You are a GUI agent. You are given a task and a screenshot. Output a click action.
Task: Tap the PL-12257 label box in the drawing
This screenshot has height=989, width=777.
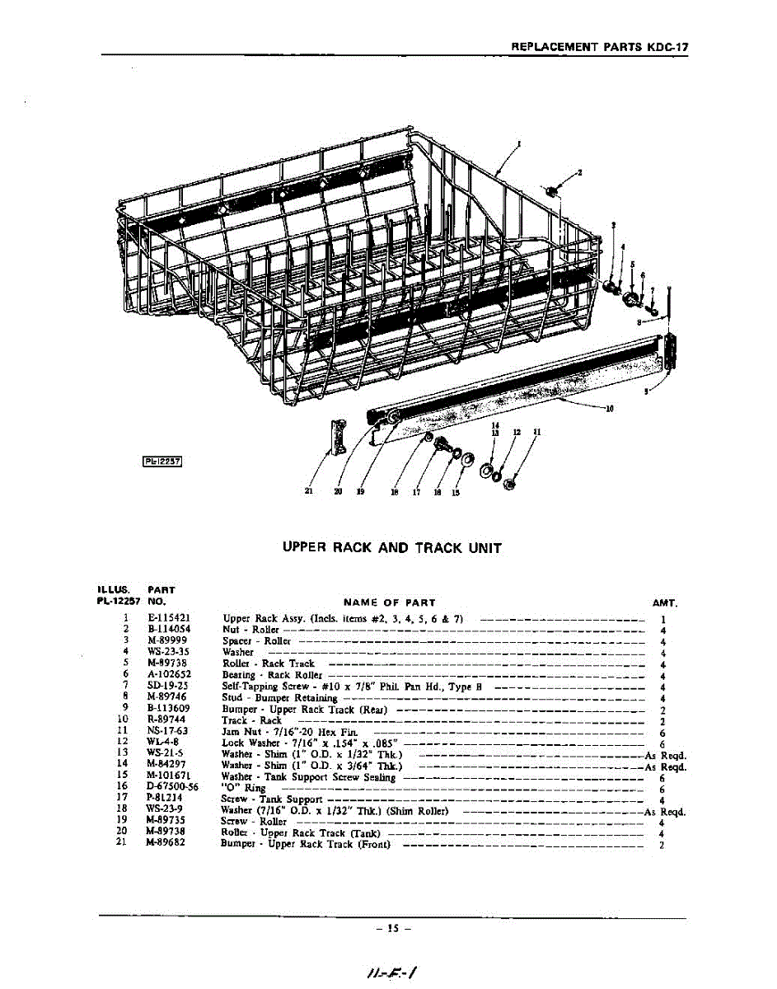(162, 462)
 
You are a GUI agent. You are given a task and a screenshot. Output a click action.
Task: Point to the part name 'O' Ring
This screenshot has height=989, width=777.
(244, 788)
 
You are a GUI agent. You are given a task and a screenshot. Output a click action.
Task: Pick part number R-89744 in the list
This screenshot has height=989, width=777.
(166, 719)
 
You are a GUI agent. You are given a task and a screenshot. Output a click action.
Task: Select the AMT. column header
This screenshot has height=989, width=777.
(664, 602)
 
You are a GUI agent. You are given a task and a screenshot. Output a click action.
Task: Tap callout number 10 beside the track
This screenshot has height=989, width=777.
(610, 408)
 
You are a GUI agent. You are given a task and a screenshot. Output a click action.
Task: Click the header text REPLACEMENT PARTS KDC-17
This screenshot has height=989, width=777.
(599, 47)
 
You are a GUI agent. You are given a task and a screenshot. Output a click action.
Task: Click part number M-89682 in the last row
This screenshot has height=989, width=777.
(166, 844)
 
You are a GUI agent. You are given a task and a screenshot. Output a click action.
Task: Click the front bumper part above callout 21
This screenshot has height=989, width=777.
(336, 437)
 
